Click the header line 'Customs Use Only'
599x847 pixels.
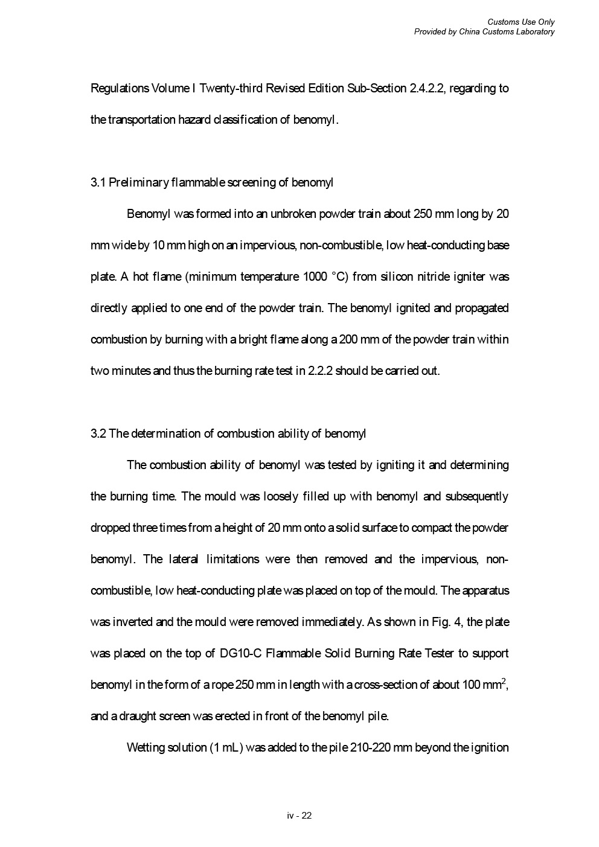click(521, 22)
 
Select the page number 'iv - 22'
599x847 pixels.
click(299, 816)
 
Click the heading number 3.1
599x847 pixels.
click(98, 182)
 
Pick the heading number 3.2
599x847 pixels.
click(98, 433)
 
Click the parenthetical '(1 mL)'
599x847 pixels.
click(226, 747)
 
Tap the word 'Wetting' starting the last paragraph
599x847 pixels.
click(144, 747)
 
